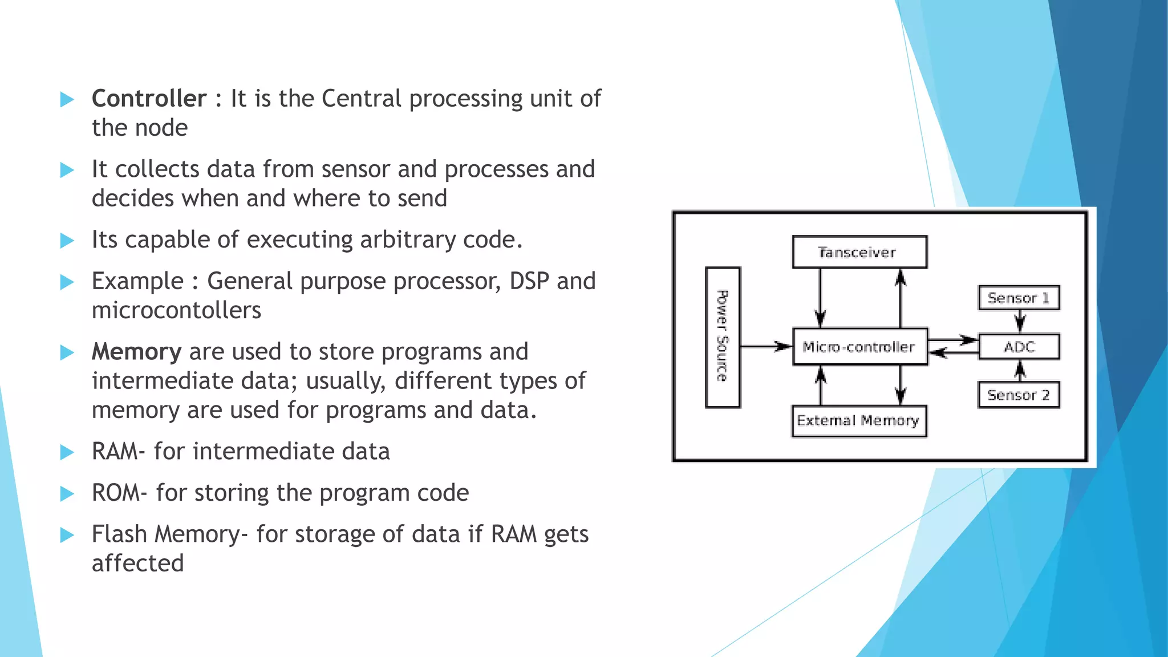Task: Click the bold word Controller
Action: point(149,99)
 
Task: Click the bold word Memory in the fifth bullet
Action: point(136,352)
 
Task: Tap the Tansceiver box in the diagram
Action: point(859,252)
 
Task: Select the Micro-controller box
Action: point(859,347)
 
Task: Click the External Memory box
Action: point(858,421)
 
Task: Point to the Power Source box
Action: point(723,337)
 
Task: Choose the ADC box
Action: point(1019,347)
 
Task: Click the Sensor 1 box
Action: point(1019,298)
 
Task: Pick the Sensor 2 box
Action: point(1019,395)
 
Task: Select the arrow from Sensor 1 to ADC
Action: point(1020,322)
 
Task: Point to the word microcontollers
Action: point(176,311)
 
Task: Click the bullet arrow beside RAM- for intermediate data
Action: point(67,452)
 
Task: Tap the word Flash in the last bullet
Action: point(119,534)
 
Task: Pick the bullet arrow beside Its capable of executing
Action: point(67,240)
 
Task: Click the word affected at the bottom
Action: point(137,563)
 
